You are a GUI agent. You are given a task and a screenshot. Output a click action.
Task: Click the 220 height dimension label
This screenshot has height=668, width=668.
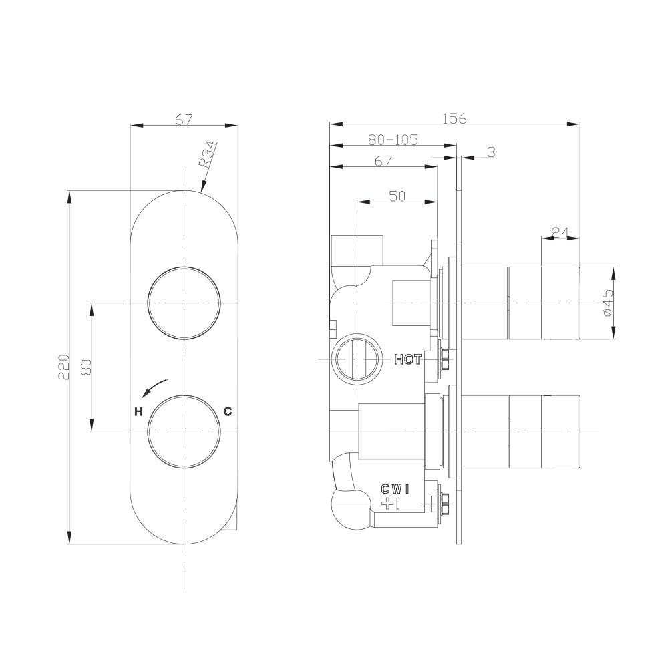(64, 367)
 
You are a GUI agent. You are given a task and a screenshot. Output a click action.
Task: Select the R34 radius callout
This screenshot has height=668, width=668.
(207, 154)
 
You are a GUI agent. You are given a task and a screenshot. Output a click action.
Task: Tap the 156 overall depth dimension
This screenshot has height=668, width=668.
(454, 118)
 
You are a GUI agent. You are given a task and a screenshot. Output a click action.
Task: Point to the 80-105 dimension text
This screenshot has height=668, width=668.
(393, 140)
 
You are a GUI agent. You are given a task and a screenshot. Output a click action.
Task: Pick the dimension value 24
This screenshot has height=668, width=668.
(560, 232)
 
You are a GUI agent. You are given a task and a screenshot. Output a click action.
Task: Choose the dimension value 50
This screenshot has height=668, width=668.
(397, 195)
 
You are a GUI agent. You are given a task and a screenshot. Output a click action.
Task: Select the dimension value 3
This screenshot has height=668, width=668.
(491, 152)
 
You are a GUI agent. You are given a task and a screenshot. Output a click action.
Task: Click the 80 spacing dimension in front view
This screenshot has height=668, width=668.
(86, 367)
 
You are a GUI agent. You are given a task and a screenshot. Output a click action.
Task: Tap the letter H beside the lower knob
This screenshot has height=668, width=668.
(138, 411)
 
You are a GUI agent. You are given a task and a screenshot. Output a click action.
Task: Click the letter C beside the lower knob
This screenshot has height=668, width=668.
(228, 411)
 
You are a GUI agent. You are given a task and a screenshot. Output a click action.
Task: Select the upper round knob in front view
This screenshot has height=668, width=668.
(184, 303)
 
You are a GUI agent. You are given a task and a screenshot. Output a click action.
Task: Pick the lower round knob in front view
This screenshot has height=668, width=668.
(184, 431)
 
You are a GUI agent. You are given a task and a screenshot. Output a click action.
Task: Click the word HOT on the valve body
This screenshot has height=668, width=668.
(407, 359)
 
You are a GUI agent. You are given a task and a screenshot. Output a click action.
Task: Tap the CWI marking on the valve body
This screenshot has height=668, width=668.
(395, 489)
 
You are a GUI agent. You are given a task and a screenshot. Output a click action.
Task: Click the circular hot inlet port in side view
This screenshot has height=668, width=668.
(357, 359)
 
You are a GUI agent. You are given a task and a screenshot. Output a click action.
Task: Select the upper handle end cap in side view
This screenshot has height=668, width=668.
(544, 303)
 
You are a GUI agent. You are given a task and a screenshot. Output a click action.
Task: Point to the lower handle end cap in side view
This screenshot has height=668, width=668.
(544, 431)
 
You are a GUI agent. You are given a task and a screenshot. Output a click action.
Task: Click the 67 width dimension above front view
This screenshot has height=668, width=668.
(184, 120)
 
